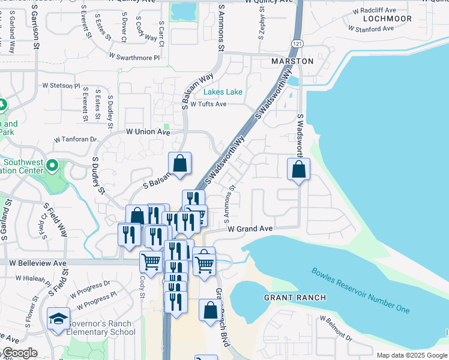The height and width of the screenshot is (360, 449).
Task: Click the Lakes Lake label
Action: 223,92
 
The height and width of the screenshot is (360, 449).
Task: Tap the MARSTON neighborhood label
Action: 292,61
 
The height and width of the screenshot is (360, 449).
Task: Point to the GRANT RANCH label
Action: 295,298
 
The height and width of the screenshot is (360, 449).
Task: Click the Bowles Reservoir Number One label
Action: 360,290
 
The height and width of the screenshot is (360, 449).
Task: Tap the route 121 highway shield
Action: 297,44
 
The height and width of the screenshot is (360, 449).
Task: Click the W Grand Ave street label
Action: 250,229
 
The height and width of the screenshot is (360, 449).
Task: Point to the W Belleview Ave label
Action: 37,263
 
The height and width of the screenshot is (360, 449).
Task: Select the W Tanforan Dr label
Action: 75,139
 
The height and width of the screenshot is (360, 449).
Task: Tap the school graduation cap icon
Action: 59,318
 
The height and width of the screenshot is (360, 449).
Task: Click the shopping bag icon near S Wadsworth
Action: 298,170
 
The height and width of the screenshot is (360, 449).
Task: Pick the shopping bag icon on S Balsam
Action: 179,163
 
